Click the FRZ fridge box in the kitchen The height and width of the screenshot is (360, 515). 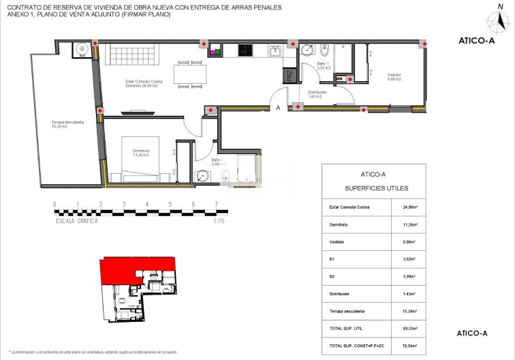point(289,76)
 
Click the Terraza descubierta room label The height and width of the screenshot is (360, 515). point(67,124)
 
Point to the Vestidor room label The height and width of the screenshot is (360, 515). point(394,76)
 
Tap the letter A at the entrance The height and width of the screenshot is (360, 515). point(277,108)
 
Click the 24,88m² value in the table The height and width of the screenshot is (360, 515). point(408,207)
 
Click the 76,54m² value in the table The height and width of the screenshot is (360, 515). point(408,346)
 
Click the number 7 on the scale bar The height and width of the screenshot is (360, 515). point(216,204)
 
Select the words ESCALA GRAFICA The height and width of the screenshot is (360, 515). point(76,221)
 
